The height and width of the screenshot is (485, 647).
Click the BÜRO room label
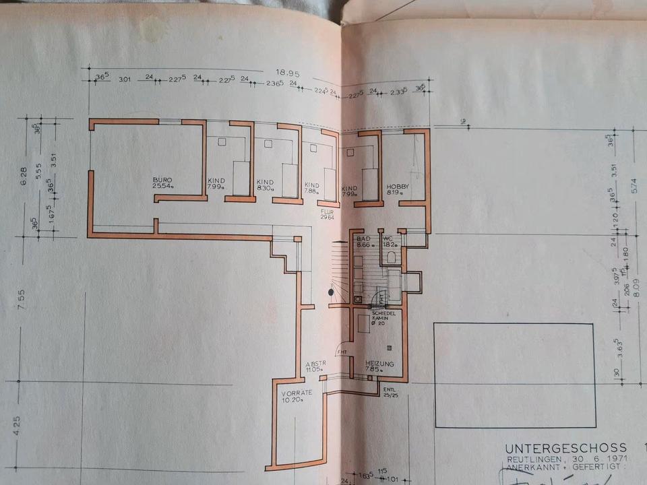tap(162, 181)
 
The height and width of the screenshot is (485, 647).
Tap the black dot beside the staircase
tap(330, 292)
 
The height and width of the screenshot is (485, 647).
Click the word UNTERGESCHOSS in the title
tap(565, 448)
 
